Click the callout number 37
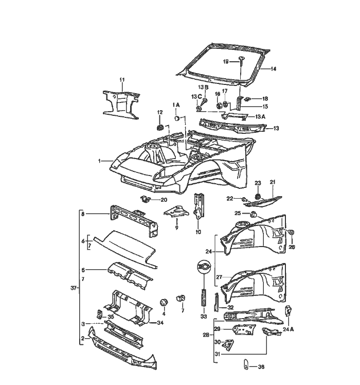coord(74,288)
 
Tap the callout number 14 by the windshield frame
coord(273,69)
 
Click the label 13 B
coord(204,88)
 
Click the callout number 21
coord(273,182)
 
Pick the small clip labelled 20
coord(146,199)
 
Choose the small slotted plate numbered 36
coord(246,366)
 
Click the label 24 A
coord(288,329)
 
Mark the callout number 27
coord(219,277)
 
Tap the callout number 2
coord(82,338)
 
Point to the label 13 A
coord(260,117)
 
